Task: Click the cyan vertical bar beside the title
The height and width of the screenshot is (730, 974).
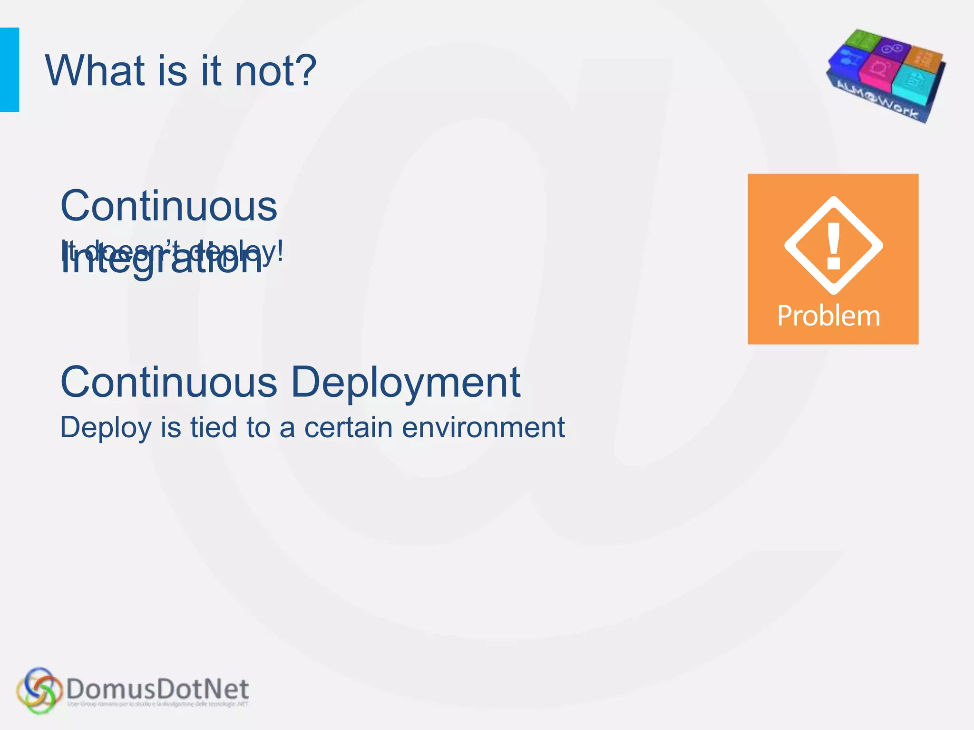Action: (x=10, y=70)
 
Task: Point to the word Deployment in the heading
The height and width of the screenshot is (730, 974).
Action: (x=406, y=383)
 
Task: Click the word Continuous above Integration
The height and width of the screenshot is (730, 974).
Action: (x=169, y=206)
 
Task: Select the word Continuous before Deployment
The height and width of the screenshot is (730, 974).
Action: (x=169, y=383)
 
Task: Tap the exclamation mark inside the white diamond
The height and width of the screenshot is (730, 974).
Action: (x=834, y=246)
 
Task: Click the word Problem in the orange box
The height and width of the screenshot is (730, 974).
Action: (x=828, y=316)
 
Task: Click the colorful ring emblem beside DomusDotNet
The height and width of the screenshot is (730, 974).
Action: (x=39, y=691)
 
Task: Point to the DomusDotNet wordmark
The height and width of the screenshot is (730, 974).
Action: (x=157, y=688)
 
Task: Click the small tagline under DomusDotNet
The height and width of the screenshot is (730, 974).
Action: (x=157, y=704)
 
